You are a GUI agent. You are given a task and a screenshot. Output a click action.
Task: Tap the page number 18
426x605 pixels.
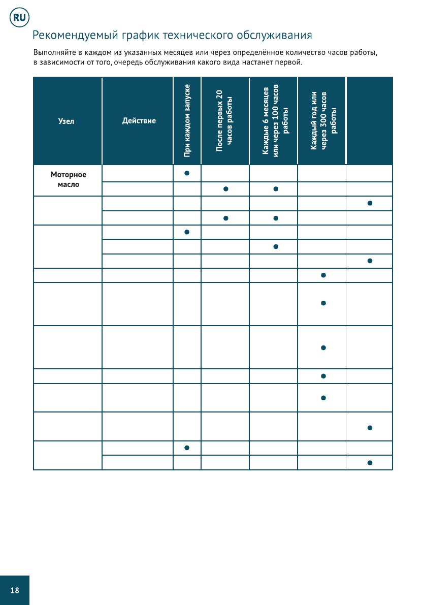tap(15, 590)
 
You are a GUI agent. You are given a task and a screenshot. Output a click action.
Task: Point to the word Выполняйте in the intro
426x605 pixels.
tap(53, 53)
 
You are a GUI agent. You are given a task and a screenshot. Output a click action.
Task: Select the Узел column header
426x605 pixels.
tap(66, 121)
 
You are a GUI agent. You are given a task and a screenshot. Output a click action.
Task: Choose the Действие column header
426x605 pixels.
tap(139, 121)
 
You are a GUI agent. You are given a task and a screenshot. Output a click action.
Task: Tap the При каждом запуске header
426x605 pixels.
tap(187, 120)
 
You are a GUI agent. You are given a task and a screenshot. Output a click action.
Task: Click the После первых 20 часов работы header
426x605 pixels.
tap(224, 120)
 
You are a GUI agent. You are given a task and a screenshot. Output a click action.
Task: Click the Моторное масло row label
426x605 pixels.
tap(69, 179)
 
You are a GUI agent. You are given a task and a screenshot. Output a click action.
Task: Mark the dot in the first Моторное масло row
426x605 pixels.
tap(187, 173)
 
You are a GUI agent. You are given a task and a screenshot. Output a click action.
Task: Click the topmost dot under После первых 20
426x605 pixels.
tap(225, 189)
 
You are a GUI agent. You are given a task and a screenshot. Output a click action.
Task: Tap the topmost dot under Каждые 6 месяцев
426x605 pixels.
tap(275, 189)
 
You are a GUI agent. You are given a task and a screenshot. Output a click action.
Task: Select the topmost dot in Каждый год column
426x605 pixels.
tap(323, 275)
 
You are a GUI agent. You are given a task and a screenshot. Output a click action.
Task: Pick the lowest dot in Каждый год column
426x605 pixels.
tap(323, 398)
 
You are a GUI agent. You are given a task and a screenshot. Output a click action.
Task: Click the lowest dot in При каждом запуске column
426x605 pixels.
tap(187, 448)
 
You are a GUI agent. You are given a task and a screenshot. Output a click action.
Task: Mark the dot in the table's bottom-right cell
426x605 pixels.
tap(370, 463)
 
